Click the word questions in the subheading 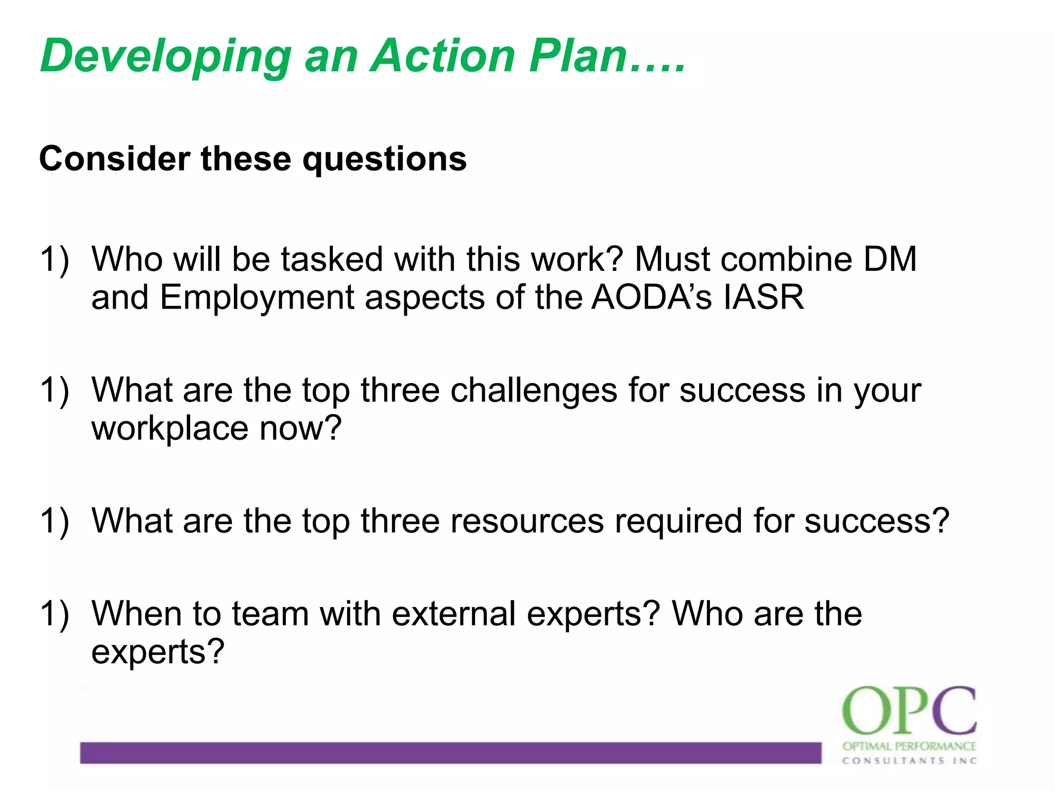coord(384,160)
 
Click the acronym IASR coord(763,297)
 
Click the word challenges coord(534,390)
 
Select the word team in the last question coord(270,613)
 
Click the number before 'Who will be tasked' coord(54,259)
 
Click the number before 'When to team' coord(54,614)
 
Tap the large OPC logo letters coord(909,711)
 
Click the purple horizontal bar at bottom coord(450,752)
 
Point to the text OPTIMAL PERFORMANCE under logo coord(909,746)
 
